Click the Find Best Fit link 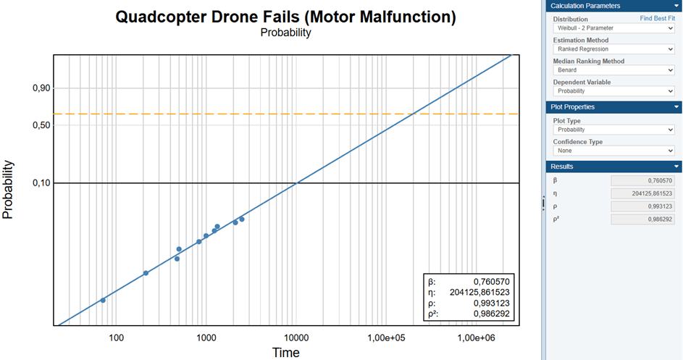pos(657,18)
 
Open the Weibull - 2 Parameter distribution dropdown pos(613,28)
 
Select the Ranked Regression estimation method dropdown pos(613,49)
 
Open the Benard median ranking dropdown pos(613,70)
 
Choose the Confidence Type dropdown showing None pos(613,151)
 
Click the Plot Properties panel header pos(613,107)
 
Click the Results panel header pos(613,167)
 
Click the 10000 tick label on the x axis pos(296,338)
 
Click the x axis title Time pos(285,353)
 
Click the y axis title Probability pos(9,190)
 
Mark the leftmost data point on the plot pos(103,300)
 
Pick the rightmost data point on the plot pos(242,219)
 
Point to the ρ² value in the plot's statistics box pos(492,314)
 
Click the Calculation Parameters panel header pos(613,6)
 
